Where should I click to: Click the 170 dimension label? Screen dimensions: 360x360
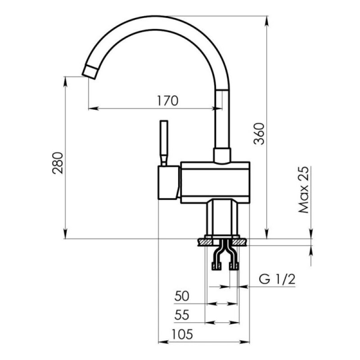pyautogui.click(x=167, y=101)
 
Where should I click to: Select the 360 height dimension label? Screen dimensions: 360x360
pyautogui.click(x=259, y=134)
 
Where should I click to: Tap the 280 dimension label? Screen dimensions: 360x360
pyautogui.click(x=58, y=163)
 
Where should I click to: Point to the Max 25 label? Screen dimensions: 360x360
pyautogui.click(x=303, y=189)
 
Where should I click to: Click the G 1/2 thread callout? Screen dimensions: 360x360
pyautogui.click(x=277, y=279)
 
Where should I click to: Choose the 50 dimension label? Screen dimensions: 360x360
pyautogui.click(x=182, y=296)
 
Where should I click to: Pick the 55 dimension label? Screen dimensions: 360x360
pyautogui.click(x=182, y=315)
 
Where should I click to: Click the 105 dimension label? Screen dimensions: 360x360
pyautogui.click(x=183, y=334)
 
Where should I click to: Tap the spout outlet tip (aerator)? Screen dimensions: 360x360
pyautogui.click(x=90, y=72)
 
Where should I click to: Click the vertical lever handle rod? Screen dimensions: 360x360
pyautogui.click(x=164, y=143)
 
